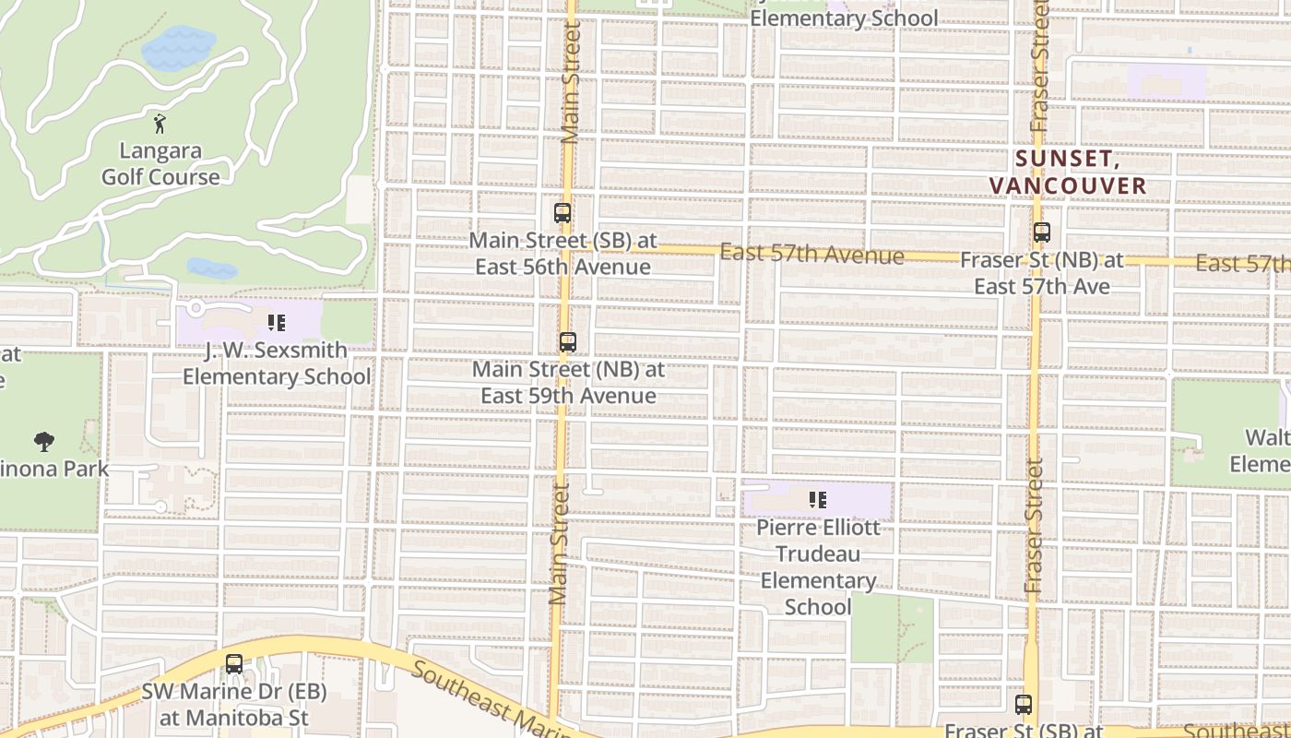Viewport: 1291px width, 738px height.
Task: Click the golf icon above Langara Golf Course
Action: [160, 123]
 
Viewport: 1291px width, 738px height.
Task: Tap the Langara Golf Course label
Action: [160, 163]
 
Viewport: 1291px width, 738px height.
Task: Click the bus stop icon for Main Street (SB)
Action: [563, 213]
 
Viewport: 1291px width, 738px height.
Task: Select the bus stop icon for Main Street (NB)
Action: [568, 342]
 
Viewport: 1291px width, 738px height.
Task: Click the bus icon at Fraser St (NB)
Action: [1042, 232]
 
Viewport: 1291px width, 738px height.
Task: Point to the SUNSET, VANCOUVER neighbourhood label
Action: [1068, 173]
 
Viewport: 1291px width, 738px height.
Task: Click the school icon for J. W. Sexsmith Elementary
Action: [276, 323]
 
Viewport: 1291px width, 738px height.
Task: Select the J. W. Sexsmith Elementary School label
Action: [277, 363]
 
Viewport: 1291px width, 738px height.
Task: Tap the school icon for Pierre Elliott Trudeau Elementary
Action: [817, 500]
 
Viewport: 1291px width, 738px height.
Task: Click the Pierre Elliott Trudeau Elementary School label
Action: [818, 566]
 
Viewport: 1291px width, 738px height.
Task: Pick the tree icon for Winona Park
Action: [43, 441]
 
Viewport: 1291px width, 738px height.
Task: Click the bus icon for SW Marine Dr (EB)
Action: [234, 663]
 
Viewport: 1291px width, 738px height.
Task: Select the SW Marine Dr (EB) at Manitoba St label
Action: [233, 704]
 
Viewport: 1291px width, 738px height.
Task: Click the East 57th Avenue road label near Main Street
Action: [811, 254]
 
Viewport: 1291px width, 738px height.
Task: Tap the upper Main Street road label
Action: [571, 83]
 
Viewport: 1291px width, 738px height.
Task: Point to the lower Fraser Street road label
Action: [1033, 526]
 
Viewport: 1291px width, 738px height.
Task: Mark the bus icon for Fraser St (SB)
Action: [1024, 705]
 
